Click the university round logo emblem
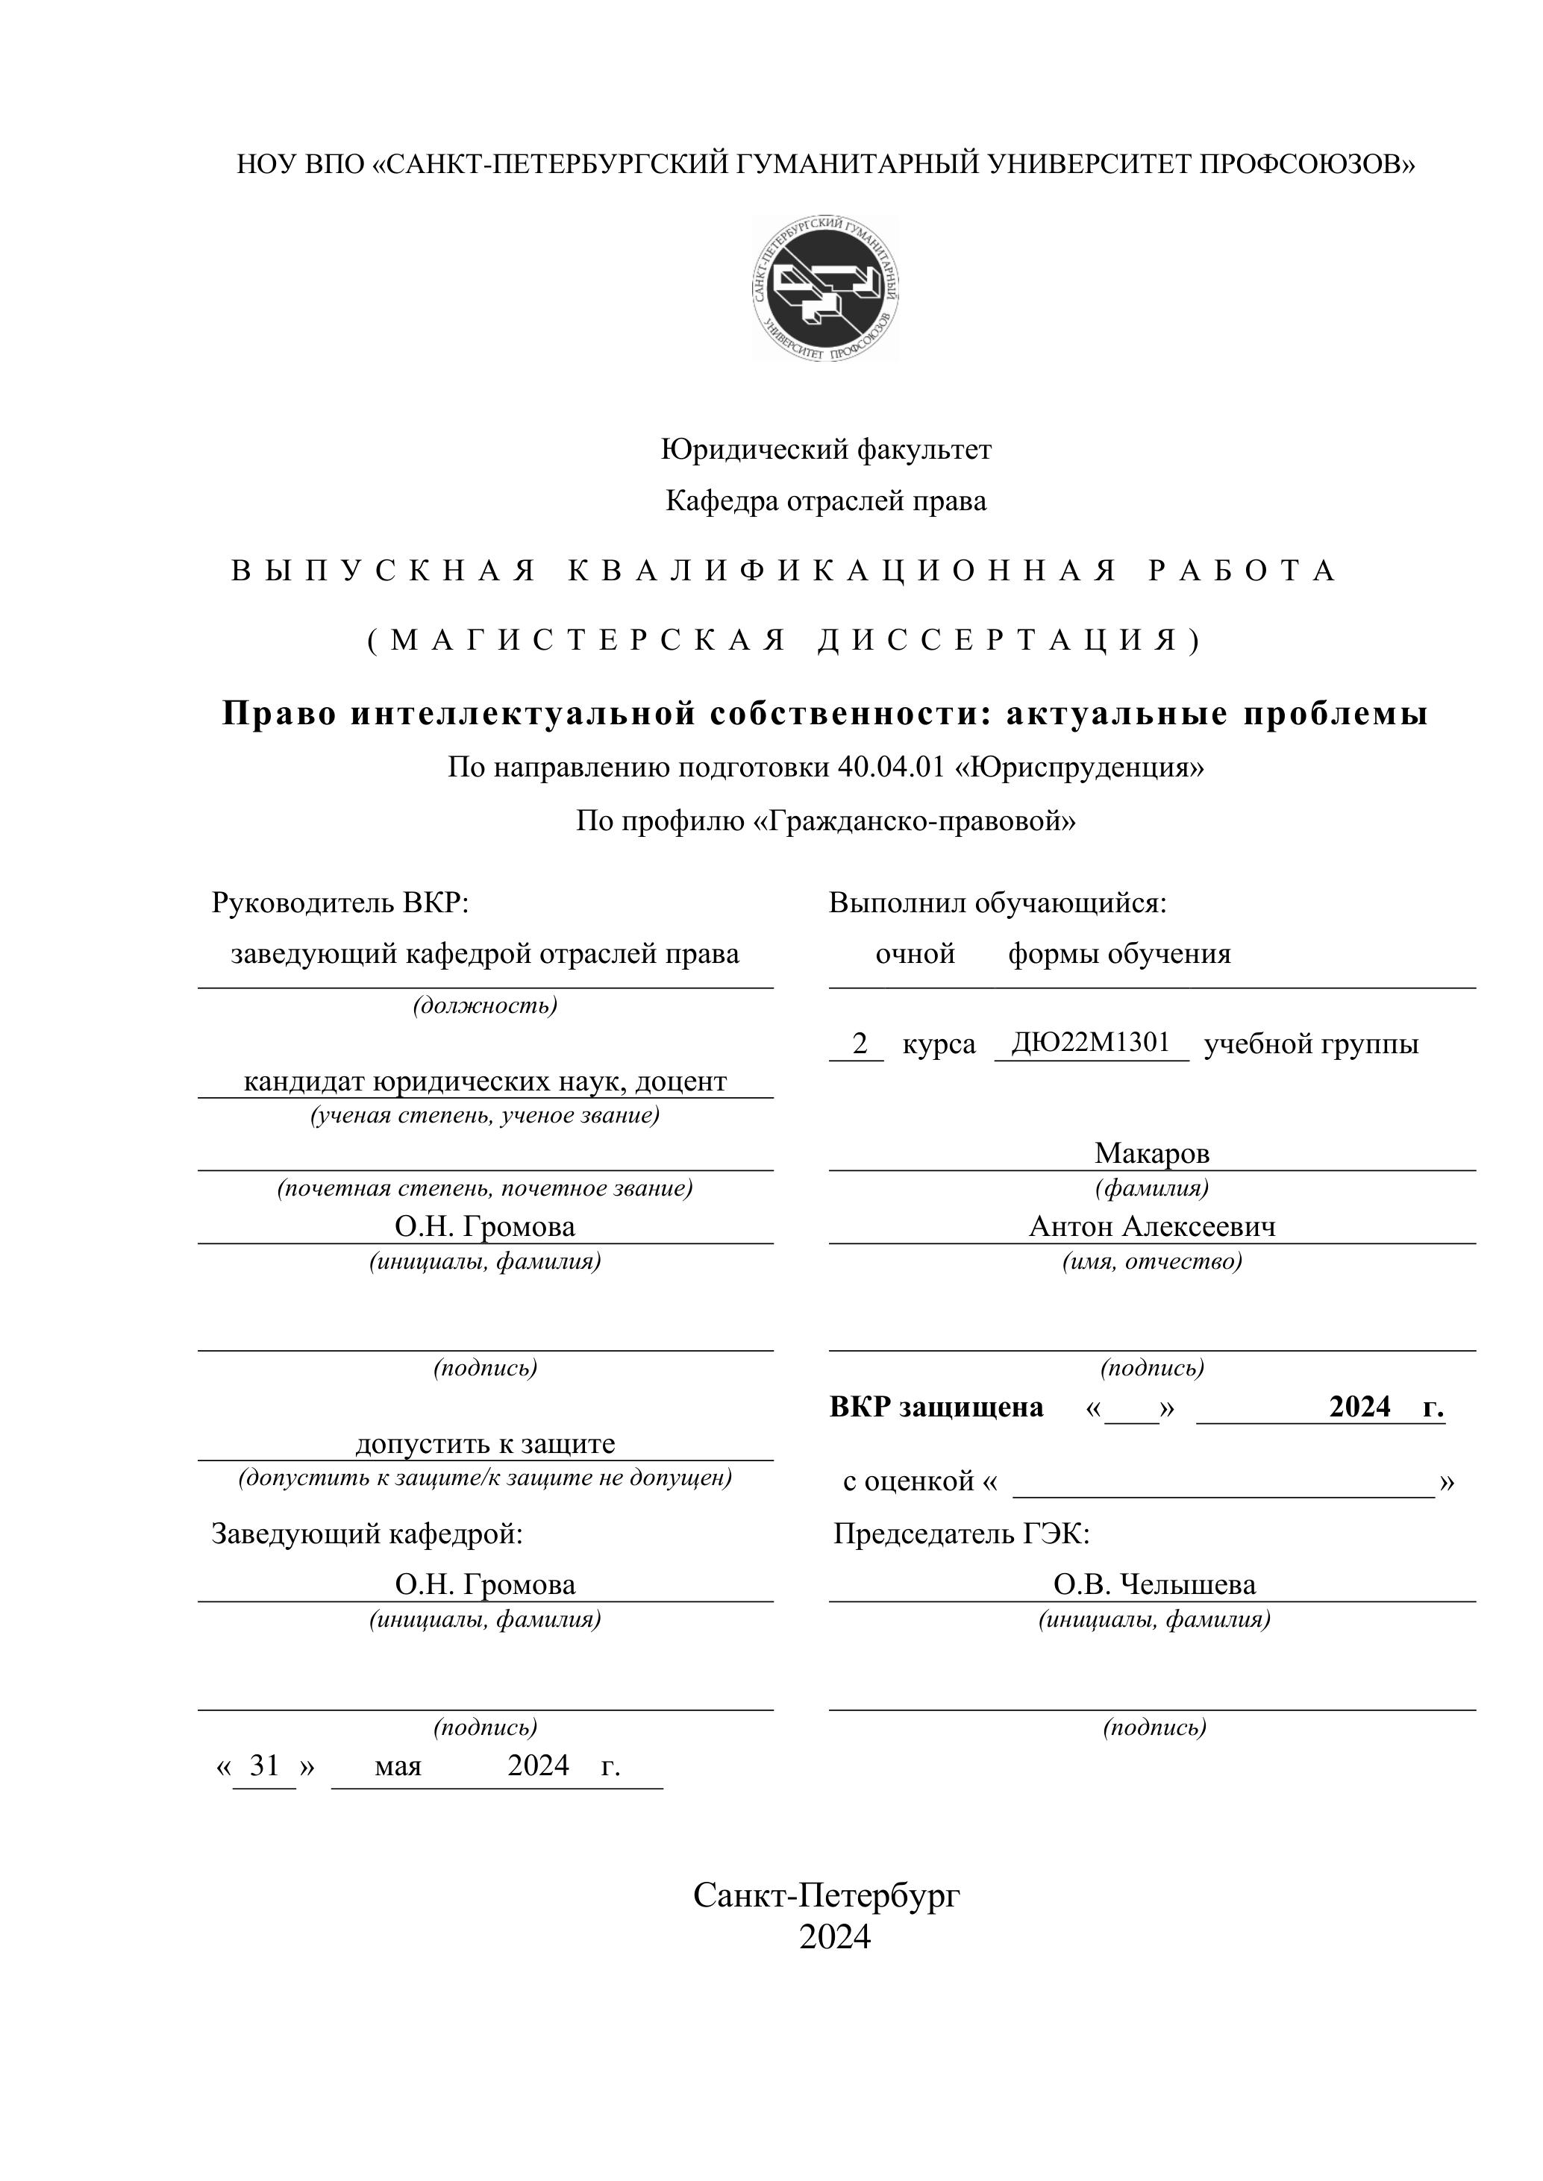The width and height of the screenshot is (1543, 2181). click(826, 287)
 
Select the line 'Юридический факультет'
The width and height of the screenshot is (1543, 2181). click(826, 449)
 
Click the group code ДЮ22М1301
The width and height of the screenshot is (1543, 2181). click(1091, 1043)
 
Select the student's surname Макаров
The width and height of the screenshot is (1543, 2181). click(1151, 1153)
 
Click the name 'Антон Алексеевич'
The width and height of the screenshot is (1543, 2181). click(1151, 1226)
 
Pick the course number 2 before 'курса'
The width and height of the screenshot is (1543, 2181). click(860, 1044)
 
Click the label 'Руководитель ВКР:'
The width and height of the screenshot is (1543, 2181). click(340, 903)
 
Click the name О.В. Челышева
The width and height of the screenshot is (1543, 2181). click(1154, 1584)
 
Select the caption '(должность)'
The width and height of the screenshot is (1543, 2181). click(484, 1005)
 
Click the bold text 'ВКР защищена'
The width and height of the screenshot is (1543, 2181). click(936, 1407)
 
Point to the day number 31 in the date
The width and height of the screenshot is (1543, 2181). click(264, 1766)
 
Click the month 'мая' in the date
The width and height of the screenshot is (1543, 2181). click(398, 1767)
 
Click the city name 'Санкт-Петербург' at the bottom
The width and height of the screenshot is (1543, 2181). click(826, 1895)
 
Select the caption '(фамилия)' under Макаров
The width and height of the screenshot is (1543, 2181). click(1151, 1188)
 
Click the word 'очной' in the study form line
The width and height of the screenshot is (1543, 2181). click(915, 954)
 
